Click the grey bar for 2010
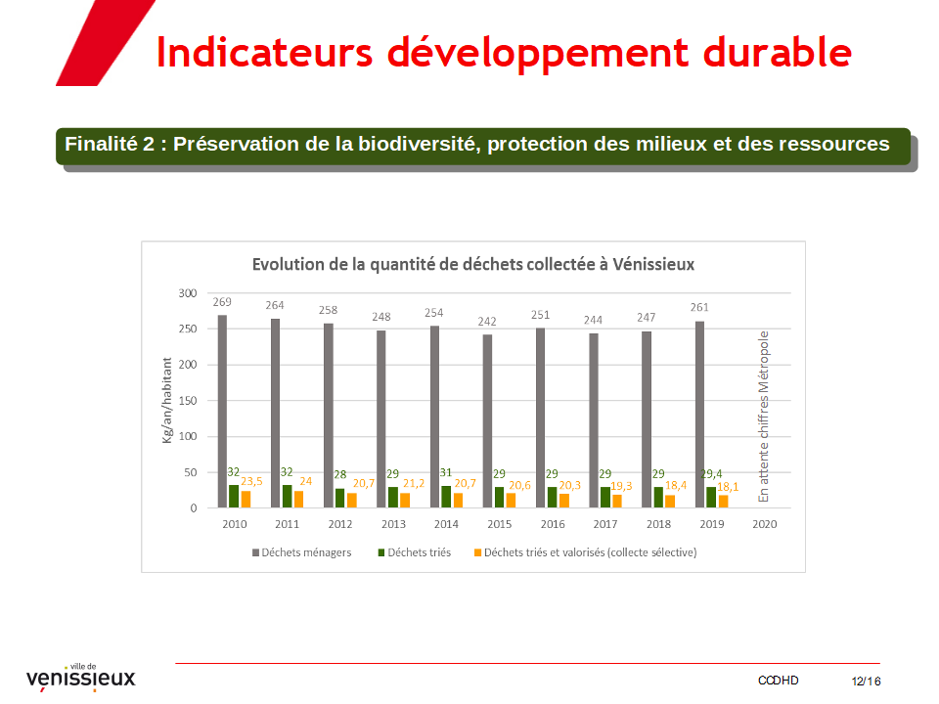tap(222, 412)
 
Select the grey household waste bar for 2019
tap(699, 415)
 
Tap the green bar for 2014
tap(446, 497)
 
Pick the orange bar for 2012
tap(351, 500)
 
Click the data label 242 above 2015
tap(487, 322)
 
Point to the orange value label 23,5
tap(251, 481)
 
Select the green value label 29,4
tap(711, 473)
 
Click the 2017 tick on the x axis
tap(605, 524)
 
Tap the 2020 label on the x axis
tap(765, 524)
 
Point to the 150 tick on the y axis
tap(188, 401)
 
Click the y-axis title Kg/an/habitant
tap(167, 401)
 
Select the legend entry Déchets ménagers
tap(302, 552)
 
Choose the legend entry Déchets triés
tap(415, 552)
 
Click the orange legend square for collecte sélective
tap(478, 552)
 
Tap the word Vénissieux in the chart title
tap(653, 265)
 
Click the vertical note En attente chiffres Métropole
tap(763, 417)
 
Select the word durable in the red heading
tap(778, 52)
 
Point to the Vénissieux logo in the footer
tap(81, 677)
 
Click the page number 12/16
tap(866, 682)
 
